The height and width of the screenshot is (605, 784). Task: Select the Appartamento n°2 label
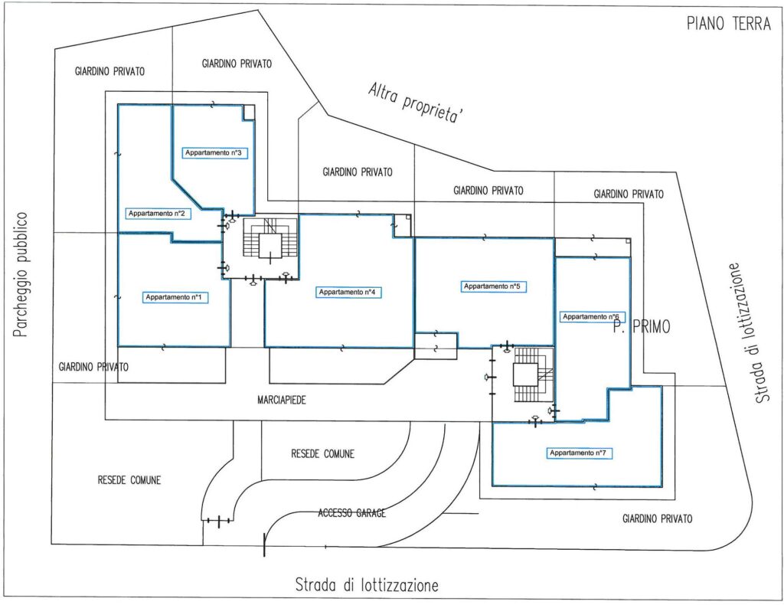click(x=159, y=213)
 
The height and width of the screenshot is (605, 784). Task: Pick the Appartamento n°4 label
click(x=347, y=292)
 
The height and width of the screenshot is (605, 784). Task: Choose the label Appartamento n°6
click(x=590, y=316)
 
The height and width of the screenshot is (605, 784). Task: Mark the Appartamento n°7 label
click(x=579, y=453)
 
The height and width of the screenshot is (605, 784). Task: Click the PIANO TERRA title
click(x=727, y=24)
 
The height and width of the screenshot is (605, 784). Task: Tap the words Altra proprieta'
click(x=418, y=102)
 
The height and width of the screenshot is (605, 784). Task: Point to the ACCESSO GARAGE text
click(x=351, y=513)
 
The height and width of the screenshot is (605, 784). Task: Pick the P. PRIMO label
click(x=642, y=328)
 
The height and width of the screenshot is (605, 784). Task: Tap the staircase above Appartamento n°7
click(x=528, y=375)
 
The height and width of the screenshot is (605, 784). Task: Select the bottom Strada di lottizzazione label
click(x=367, y=586)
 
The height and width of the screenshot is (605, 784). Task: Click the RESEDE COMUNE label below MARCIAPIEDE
click(x=322, y=453)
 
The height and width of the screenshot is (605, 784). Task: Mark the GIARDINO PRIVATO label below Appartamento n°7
click(x=657, y=518)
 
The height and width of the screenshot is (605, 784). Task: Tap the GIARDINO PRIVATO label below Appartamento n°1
click(x=93, y=367)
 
